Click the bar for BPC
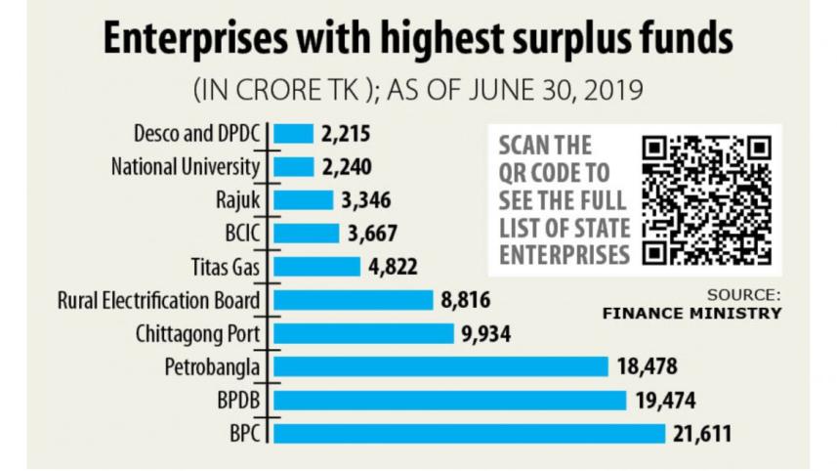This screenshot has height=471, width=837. [x=469, y=433]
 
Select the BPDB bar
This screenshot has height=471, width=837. [x=449, y=400]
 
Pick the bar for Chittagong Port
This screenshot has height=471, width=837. [x=363, y=333]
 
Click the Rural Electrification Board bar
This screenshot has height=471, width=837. [x=353, y=300]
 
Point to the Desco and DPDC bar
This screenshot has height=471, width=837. [x=293, y=133]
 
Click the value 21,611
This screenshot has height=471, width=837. [x=702, y=433]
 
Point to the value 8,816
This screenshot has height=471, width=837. [x=466, y=300]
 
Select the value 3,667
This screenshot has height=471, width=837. [x=372, y=233]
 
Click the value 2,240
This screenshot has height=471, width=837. [x=347, y=166]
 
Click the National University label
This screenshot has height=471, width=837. [x=186, y=166]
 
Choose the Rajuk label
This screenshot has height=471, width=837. [x=238, y=199]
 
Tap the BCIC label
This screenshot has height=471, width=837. [x=242, y=233]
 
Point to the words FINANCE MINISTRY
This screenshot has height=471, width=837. [x=691, y=314]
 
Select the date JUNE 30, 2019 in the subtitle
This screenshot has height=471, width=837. [x=551, y=91]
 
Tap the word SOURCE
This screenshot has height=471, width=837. [x=744, y=294]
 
